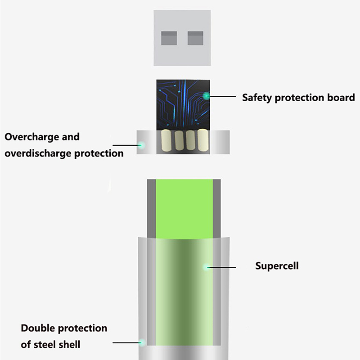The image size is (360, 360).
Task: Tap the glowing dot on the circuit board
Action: click(206, 95)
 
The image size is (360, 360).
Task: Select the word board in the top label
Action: click(341, 97)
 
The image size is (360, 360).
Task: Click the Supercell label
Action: click(277, 265)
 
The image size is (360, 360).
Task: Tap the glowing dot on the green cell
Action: click(207, 267)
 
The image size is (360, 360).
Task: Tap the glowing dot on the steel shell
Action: click(142, 342)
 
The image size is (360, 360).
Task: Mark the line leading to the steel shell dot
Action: click(126, 342)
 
